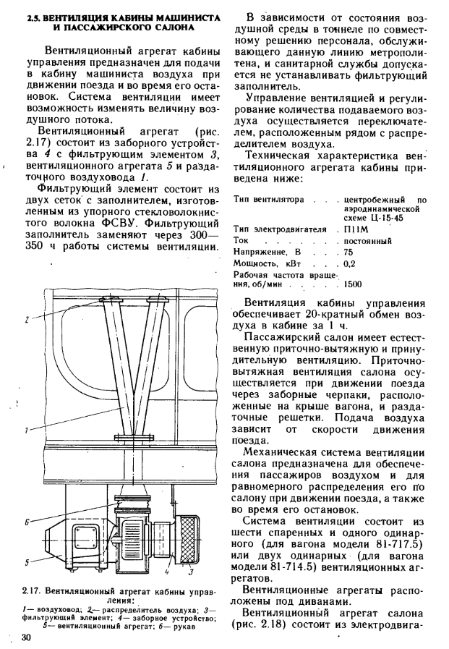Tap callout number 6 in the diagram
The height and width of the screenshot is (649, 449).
coord(27,521)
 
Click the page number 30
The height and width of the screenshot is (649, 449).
coord(27,637)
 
